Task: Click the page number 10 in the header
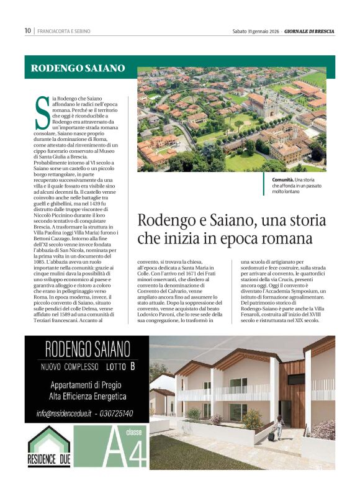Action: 27,30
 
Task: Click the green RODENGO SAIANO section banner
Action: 78,68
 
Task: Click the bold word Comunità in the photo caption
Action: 284,179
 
